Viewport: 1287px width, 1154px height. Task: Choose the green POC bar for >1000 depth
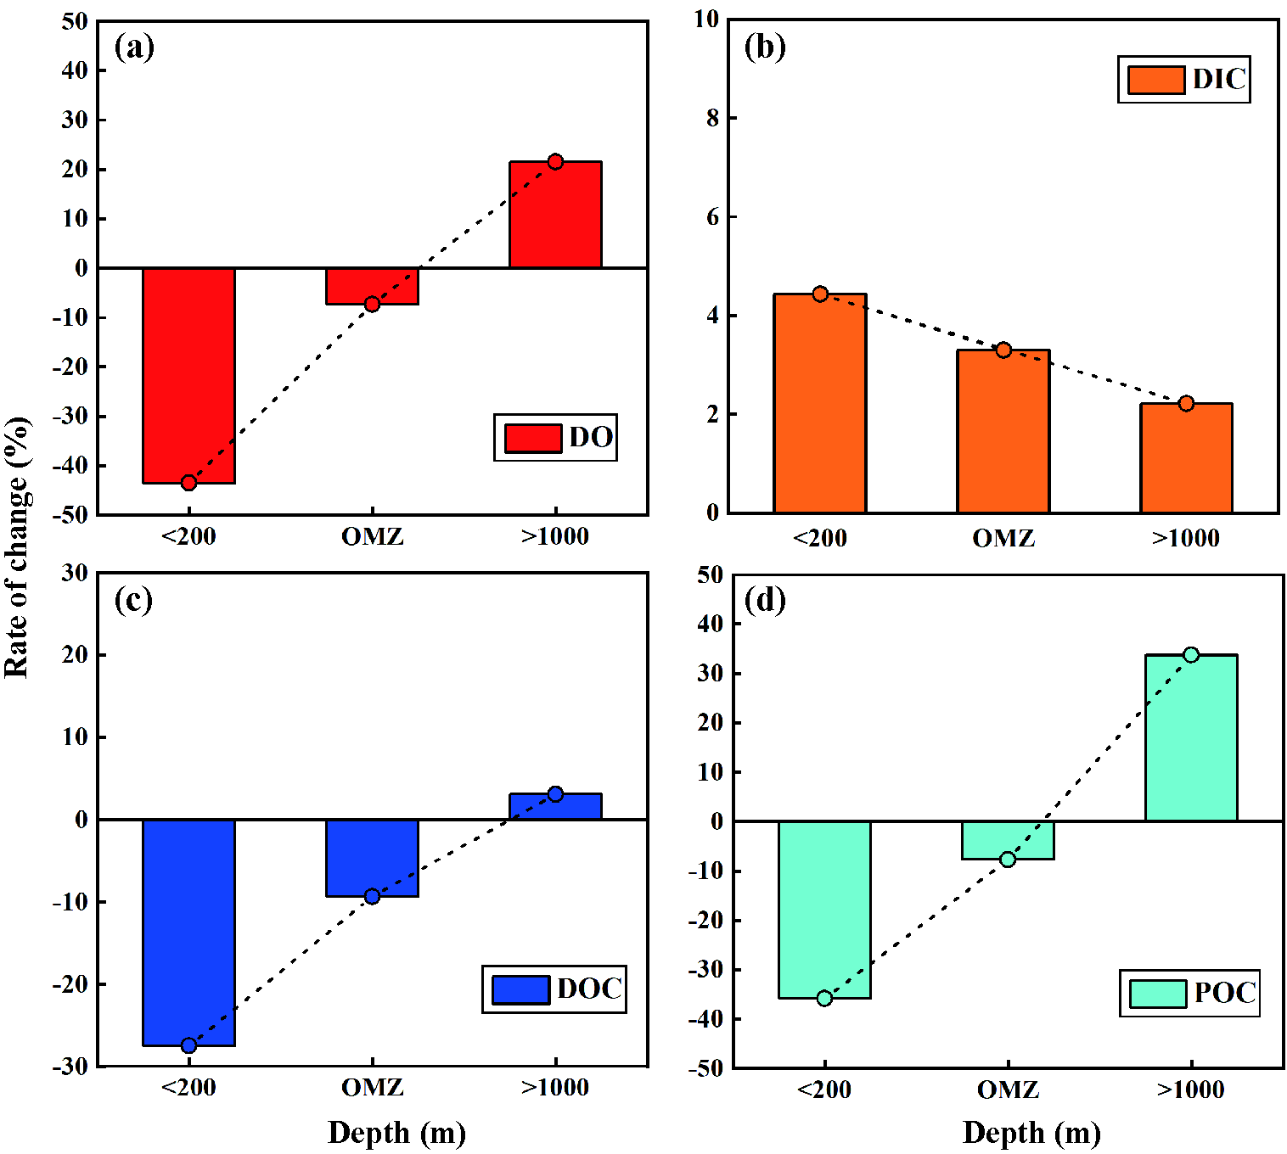1191,737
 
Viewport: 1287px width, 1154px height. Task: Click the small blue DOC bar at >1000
555,807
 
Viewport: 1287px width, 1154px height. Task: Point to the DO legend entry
555,438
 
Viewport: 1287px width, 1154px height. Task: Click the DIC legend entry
1184,80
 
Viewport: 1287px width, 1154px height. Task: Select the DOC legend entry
554,989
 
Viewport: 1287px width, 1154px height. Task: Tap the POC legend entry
1189,993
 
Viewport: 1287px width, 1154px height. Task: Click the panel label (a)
134,47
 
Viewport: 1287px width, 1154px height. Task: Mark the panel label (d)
765,600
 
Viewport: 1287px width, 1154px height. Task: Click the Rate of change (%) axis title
17,547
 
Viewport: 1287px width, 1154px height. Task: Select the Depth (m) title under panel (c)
396,1133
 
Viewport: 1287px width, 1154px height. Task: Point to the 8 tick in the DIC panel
712,118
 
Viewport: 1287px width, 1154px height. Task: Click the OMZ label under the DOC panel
372,1088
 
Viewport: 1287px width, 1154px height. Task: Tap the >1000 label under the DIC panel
1186,538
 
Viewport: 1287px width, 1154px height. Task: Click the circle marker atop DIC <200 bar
820,294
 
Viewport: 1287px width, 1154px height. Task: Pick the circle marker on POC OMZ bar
1008,860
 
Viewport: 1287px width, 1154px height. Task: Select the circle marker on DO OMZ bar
372,304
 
